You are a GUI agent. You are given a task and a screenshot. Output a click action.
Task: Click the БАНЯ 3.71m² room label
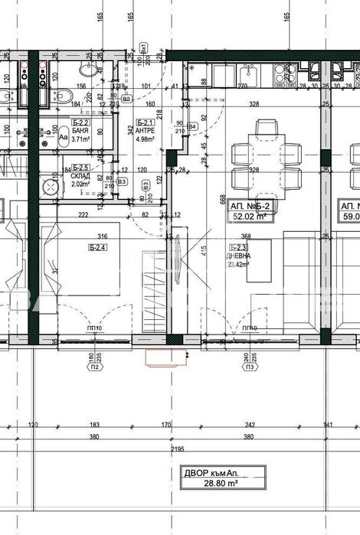point(80,135)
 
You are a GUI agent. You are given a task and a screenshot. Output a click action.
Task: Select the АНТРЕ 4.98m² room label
point(145,135)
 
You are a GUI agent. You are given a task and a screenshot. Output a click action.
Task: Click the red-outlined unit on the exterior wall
point(167,356)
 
